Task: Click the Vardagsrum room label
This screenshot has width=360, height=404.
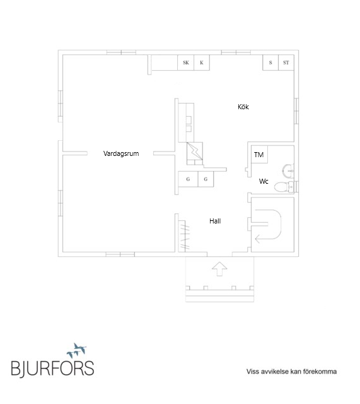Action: [121, 153]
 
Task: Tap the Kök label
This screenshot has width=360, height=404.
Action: [243, 107]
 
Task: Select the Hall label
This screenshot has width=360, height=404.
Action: [215, 221]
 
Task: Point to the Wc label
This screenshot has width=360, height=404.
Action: [264, 181]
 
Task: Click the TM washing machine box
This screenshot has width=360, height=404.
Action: [259, 154]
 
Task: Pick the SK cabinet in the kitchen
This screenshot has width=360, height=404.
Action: [186, 62]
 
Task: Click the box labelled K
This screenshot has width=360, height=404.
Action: [202, 62]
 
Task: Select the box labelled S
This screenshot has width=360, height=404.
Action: [270, 62]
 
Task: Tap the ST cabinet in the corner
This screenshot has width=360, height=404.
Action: [286, 62]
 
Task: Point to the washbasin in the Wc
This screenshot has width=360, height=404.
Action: [288, 170]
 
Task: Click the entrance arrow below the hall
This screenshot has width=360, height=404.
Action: [219, 269]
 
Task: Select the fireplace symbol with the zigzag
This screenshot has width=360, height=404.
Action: [195, 153]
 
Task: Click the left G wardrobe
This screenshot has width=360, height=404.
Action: [188, 179]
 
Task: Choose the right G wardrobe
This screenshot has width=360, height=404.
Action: [206, 179]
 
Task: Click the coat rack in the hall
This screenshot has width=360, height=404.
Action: [185, 235]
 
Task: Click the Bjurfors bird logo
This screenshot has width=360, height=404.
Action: [77, 350]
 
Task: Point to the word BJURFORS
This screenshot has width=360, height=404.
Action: [52, 368]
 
